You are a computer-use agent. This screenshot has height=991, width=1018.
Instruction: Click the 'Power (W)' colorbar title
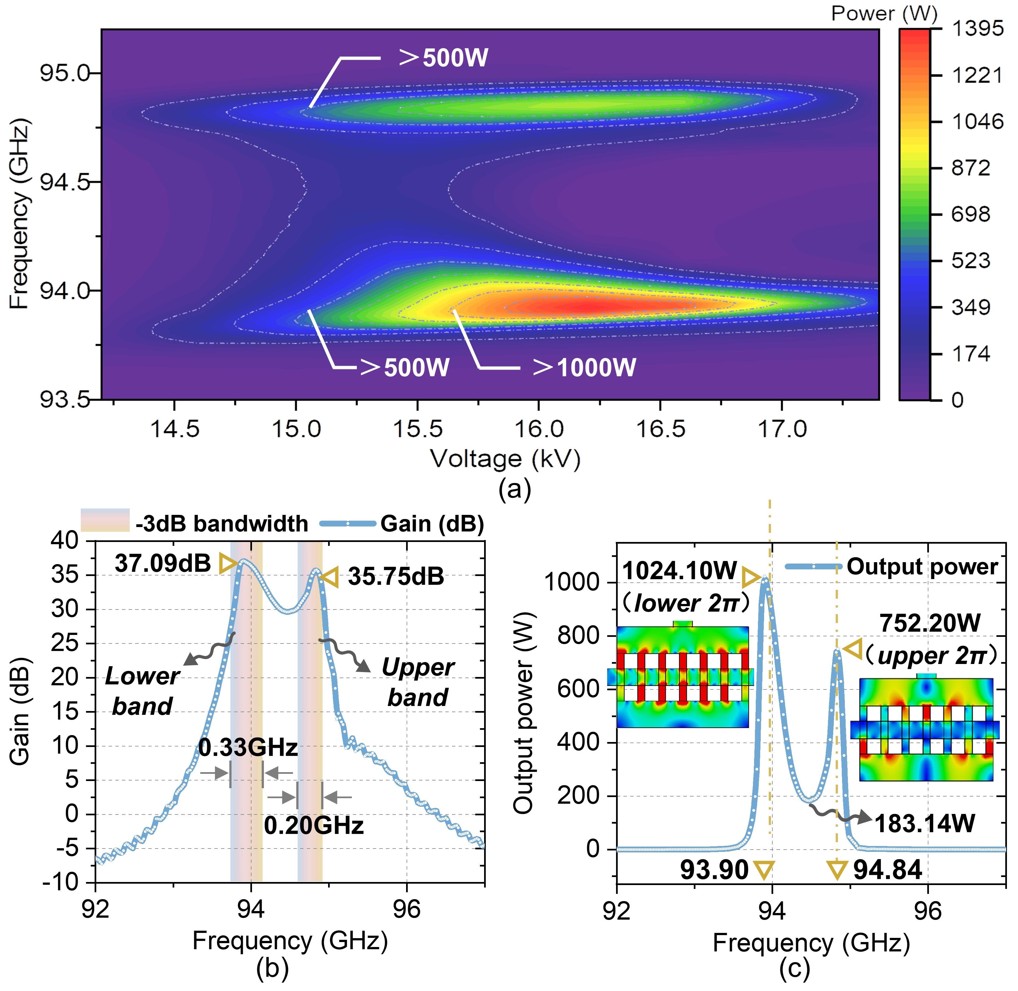884,13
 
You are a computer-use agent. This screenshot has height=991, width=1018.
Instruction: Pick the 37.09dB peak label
163,564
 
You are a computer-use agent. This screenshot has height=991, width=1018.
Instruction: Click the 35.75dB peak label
396,577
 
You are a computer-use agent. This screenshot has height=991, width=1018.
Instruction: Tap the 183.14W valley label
924,824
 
